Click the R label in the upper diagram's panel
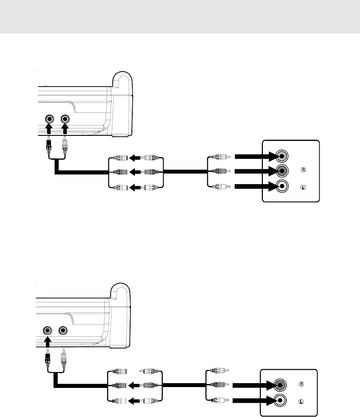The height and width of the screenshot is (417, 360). pos(303,170)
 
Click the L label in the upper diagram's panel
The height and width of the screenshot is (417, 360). pos(303,187)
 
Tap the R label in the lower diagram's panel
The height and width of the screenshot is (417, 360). pos(301,384)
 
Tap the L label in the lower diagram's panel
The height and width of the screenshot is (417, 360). pos(301,402)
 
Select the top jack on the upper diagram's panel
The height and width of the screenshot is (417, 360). pos(282,156)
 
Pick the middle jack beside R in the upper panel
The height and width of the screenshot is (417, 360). pos(282,171)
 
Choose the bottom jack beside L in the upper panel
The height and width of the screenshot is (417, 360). pos(282,186)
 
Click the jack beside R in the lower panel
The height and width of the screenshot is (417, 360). pos(280,385)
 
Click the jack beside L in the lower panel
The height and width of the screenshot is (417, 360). pos(280,400)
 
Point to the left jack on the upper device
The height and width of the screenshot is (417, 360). pos(49,119)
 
